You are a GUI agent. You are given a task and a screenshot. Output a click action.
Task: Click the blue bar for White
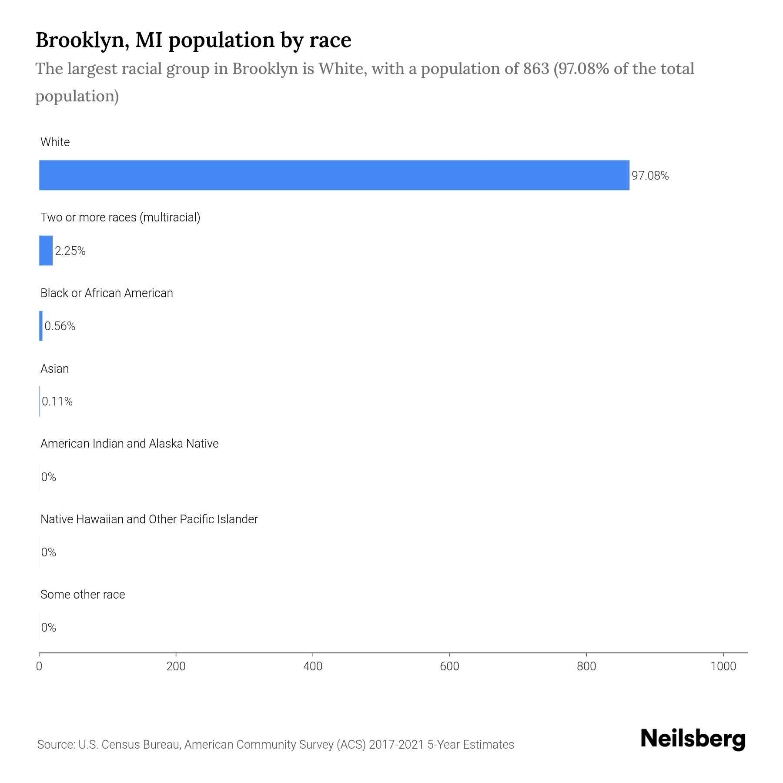coord(334,175)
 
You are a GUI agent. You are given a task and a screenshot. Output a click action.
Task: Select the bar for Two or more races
coord(46,251)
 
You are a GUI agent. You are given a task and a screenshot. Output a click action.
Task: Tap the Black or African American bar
coord(41,326)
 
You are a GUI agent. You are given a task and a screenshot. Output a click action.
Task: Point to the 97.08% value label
coord(650,176)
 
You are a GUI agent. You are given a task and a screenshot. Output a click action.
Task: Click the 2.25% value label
coord(70,251)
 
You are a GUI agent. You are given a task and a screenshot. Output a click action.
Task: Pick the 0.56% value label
coord(60,326)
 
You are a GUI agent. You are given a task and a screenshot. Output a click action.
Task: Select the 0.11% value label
coord(57,402)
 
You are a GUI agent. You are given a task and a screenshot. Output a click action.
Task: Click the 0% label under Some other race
coord(49,627)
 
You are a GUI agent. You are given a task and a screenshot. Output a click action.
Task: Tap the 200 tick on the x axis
coord(176,666)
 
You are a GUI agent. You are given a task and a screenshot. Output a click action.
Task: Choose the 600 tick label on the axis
coord(449,666)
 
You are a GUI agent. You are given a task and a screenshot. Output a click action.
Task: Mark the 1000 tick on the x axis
coord(723,666)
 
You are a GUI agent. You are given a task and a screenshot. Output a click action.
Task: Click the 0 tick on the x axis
coord(39,666)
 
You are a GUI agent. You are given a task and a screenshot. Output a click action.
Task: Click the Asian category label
coord(55,369)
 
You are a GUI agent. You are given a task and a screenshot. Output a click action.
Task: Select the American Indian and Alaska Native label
coord(129,444)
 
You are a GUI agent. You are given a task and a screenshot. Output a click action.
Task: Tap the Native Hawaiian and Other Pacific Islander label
coord(149,519)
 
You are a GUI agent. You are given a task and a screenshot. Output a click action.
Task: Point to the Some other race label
coord(83,595)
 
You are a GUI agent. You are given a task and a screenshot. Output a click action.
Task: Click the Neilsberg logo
coord(693,739)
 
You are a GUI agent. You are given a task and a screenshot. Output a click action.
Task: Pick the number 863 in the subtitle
coord(536,69)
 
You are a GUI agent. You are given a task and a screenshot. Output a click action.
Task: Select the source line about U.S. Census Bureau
coord(275,745)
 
